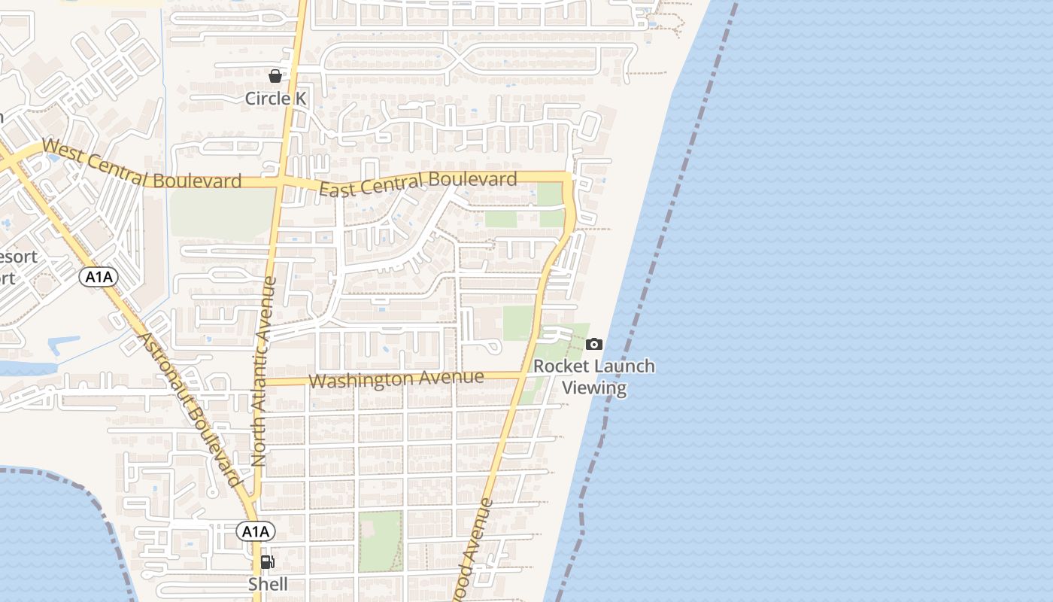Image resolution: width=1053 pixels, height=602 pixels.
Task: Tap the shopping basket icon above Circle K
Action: tap(275, 76)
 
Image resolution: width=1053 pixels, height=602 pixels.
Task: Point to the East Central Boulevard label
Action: tap(418, 184)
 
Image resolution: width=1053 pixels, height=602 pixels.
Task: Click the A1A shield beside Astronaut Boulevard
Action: tap(99, 277)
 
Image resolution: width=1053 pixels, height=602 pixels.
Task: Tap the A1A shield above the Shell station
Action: tap(256, 532)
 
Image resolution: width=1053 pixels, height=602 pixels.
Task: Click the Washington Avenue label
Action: tap(396, 379)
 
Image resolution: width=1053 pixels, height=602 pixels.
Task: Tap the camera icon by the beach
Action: tap(594, 345)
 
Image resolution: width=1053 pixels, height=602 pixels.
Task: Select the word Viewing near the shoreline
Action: tap(594, 388)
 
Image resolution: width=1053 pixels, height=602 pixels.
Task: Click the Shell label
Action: tap(268, 584)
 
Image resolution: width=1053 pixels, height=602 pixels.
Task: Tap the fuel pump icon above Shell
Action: tap(267, 561)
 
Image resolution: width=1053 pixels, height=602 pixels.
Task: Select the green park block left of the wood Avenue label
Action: tap(380, 540)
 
